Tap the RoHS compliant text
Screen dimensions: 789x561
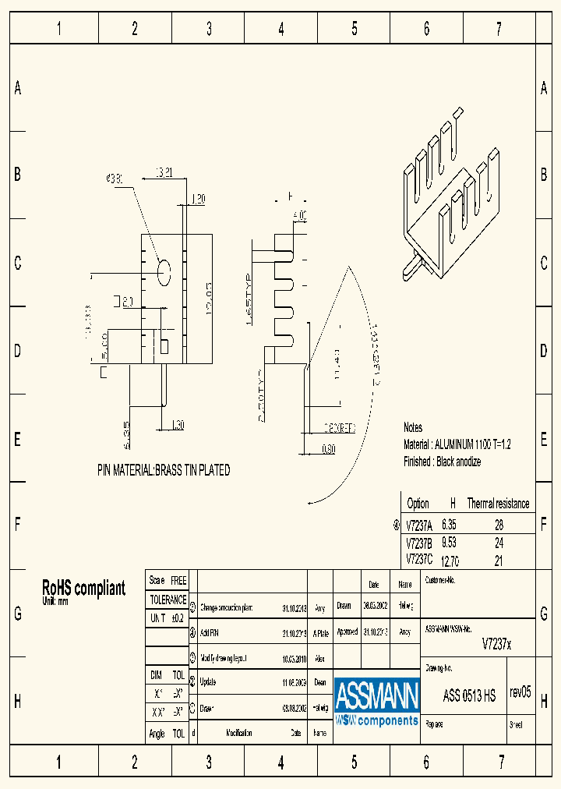pyautogui.click(x=83, y=589)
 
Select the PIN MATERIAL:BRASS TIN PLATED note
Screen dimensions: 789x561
pyautogui.click(x=164, y=471)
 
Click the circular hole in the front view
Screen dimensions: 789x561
pyautogui.click(x=164, y=272)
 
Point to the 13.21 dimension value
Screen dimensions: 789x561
pyautogui.click(x=164, y=172)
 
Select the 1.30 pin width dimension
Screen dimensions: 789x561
pyautogui.click(x=177, y=426)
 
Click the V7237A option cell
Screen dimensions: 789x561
pyautogui.click(x=419, y=525)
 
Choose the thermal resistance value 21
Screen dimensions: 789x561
pyautogui.click(x=499, y=561)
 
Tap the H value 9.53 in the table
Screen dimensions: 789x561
pyautogui.click(x=449, y=543)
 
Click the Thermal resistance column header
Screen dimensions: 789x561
pyautogui.click(x=498, y=504)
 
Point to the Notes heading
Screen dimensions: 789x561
pyautogui.click(x=413, y=427)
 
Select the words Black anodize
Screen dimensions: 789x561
pyautogui.click(x=459, y=462)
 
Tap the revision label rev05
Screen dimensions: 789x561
pyautogui.click(x=520, y=692)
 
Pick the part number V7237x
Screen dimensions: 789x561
pyautogui.click(x=497, y=644)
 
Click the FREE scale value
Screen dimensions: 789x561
pyautogui.click(x=178, y=581)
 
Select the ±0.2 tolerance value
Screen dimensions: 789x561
pyautogui.click(x=178, y=617)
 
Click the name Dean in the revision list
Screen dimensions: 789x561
pyautogui.click(x=319, y=681)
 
